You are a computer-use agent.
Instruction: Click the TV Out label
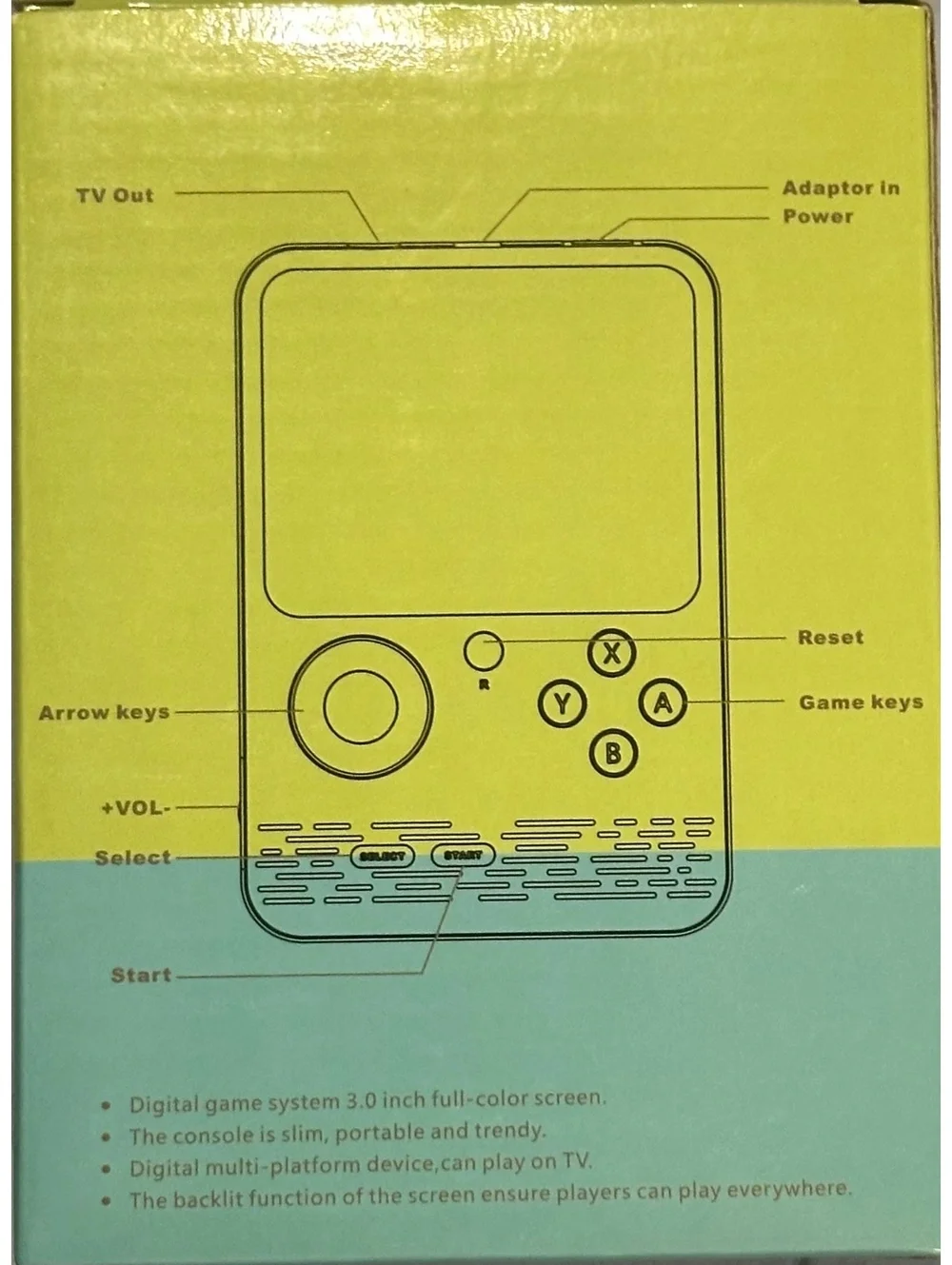pyautogui.click(x=115, y=195)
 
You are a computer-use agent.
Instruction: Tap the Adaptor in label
pyautogui.click(x=841, y=188)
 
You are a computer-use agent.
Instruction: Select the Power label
pyautogui.click(x=818, y=216)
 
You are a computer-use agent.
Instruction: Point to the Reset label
pyautogui.click(x=830, y=637)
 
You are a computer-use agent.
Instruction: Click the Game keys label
pyautogui.click(x=861, y=702)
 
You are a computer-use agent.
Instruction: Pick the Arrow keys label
pyautogui.click(x=105, y=713)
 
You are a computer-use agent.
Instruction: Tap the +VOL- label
pyautogui.click(x=136, y=808)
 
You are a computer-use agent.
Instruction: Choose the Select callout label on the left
pyautogui.click(x=133, y=858)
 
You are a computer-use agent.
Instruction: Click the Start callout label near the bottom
pyautogui.click(x=141, y=975)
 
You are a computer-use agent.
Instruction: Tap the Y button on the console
pyautogui.click(x=563, y=703)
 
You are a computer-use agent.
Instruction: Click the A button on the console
pyautogui.click(x=663, y=702)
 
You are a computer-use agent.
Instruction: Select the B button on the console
pyautogui.click(x=613, y=753)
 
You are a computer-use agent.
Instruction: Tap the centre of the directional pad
pyautogui.click(x=361, y=707)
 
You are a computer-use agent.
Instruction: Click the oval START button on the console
pyautogui.click(x=464, y=856)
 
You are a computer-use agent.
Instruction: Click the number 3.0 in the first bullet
pyautogui.click(x=362, y=1101)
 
